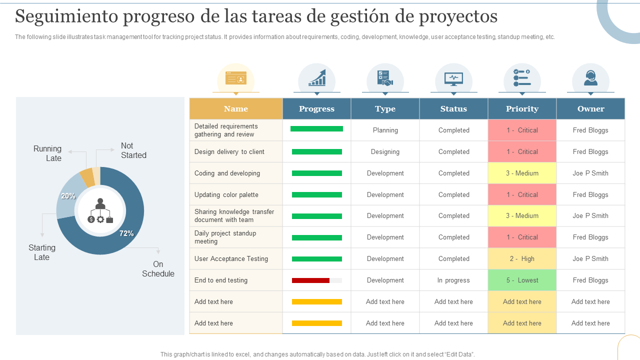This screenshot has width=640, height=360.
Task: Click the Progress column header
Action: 316,108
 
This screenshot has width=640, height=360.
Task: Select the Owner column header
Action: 590,108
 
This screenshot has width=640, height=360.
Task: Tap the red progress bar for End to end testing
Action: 310,280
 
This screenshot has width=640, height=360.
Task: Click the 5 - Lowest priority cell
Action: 522,280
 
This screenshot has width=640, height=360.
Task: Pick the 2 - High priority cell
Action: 522,259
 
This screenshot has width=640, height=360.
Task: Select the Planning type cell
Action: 385,130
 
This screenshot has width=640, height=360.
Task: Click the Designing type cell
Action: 385,151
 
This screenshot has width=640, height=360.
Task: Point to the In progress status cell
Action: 453,280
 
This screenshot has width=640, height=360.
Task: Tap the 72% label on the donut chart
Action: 126,233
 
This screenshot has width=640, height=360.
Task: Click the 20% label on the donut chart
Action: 68,196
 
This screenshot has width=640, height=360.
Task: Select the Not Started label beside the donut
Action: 133,150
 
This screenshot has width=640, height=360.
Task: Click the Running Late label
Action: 47,153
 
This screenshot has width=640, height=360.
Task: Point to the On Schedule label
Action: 158,269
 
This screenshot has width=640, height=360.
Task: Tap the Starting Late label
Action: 42,252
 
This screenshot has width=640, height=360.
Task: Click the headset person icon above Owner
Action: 590,78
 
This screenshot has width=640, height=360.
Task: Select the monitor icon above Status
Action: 453,79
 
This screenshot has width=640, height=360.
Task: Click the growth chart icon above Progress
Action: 317,77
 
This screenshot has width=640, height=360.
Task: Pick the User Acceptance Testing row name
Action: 231,259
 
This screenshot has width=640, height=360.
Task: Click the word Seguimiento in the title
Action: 66,16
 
